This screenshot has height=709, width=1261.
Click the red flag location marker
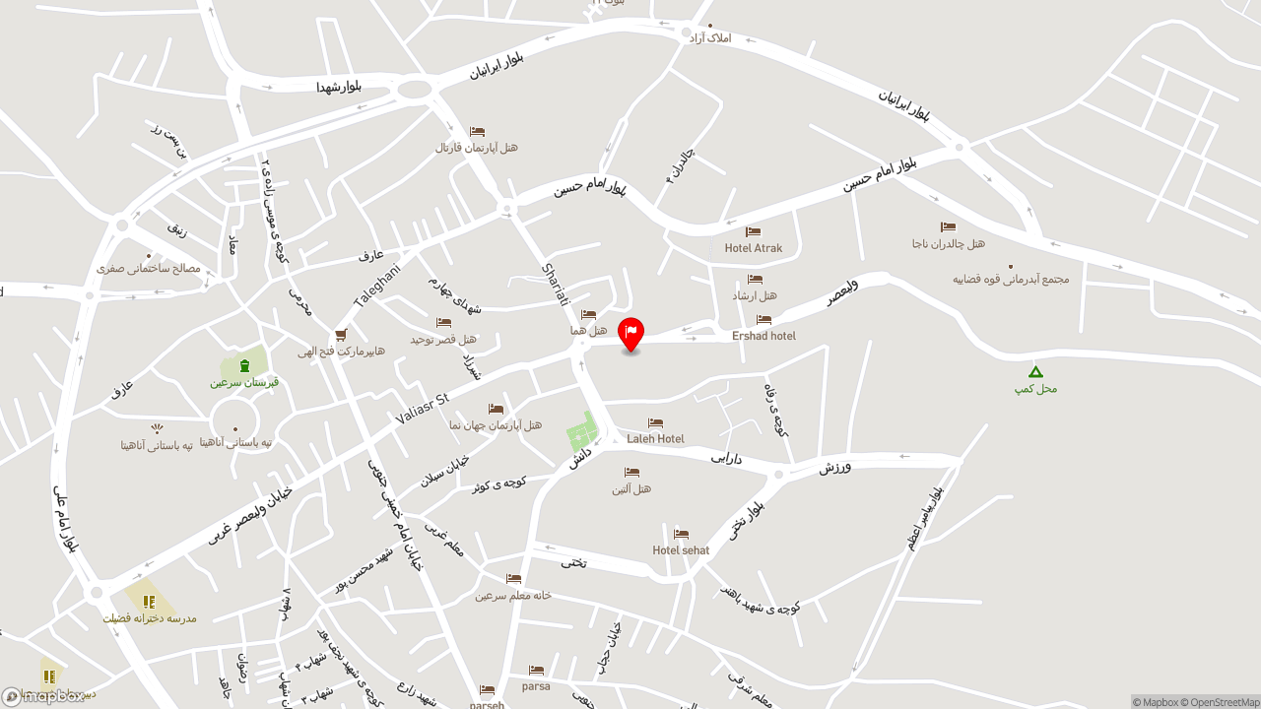point(630,333)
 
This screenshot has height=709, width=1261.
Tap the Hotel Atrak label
point(754,248)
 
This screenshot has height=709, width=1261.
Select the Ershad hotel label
point(763,336)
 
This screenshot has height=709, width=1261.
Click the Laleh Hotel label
point(655,439)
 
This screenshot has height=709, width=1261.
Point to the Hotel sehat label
point(681,550)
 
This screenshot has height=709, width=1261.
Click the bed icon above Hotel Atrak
point(754,232)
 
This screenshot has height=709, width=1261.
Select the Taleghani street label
point(377,287)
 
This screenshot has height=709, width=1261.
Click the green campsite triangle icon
point(1035,371)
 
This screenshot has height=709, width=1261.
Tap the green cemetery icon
point(244,365)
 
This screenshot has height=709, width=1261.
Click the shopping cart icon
point(341,335)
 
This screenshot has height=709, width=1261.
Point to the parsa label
point(536,686)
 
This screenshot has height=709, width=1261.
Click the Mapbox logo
point(43,696)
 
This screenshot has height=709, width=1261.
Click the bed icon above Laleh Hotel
point(655,423)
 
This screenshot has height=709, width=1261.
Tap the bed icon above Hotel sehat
point(681,535)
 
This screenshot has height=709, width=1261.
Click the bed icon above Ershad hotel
point(763,320)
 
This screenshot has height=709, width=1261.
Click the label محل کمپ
point(1035,389)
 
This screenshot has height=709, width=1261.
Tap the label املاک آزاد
point(710,37)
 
